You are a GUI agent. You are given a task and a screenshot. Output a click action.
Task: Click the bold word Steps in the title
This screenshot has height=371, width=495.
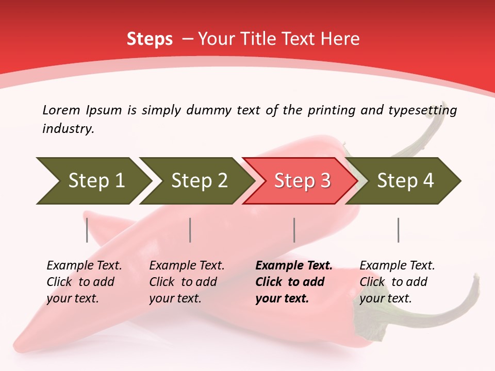point(150,39)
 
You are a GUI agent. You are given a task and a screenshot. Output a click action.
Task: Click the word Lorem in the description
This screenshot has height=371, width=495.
point(61,110)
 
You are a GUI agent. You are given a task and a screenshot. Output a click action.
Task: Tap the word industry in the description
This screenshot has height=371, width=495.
point(68,129)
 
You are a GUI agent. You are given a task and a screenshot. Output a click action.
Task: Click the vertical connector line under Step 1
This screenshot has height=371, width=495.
point(87,230)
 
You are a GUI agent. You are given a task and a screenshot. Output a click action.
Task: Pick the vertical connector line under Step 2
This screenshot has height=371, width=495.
point(190,230)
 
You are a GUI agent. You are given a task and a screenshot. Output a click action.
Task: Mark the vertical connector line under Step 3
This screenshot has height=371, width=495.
point(294,230)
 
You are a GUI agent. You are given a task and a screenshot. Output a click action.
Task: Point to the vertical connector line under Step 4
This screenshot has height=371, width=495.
point(399,230)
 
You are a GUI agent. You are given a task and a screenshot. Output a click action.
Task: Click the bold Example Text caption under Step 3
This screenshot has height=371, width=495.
point(293,282)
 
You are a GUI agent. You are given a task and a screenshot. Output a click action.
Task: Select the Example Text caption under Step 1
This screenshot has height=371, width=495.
point(84,282)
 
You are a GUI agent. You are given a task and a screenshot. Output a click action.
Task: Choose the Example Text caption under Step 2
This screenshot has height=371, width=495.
point(187,282)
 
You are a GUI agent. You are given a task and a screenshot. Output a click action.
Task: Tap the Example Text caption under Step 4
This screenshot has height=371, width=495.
point(397,282)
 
